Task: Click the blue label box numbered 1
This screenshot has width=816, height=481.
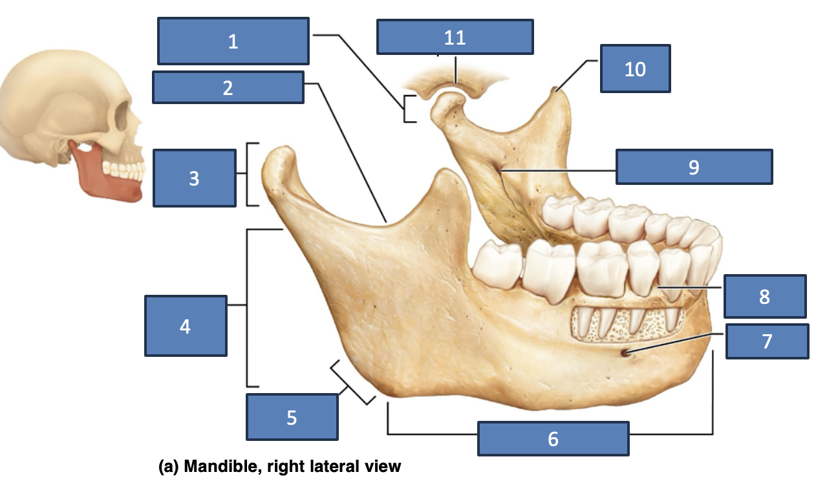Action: tap(233, 41)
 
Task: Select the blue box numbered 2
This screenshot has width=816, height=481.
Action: tap(228, 87)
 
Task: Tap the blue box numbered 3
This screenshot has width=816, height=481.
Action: tap(195, 178)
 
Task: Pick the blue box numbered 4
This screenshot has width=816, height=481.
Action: tap(186, 326)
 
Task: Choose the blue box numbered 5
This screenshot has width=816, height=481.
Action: tap(292, 417)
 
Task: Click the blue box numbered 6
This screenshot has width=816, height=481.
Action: tap(553, 438)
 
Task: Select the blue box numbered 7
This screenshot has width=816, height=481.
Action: tap(768, 341)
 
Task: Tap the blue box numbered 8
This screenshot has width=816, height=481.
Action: tap(765, 296)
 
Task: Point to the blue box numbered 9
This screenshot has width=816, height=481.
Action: tap(694, 167)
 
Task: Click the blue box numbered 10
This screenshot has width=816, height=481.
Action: tap(636, 69)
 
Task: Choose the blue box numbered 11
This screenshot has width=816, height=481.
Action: tap(455, 37)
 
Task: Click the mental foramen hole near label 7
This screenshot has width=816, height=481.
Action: tap(625, 352)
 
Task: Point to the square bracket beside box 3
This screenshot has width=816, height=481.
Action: tap(248, 175)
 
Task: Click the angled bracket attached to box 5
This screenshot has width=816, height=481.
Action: tap(352, 382)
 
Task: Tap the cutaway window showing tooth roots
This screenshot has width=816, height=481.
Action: tap(628, 325)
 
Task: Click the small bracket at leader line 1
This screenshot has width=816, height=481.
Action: tap(404, 109)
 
